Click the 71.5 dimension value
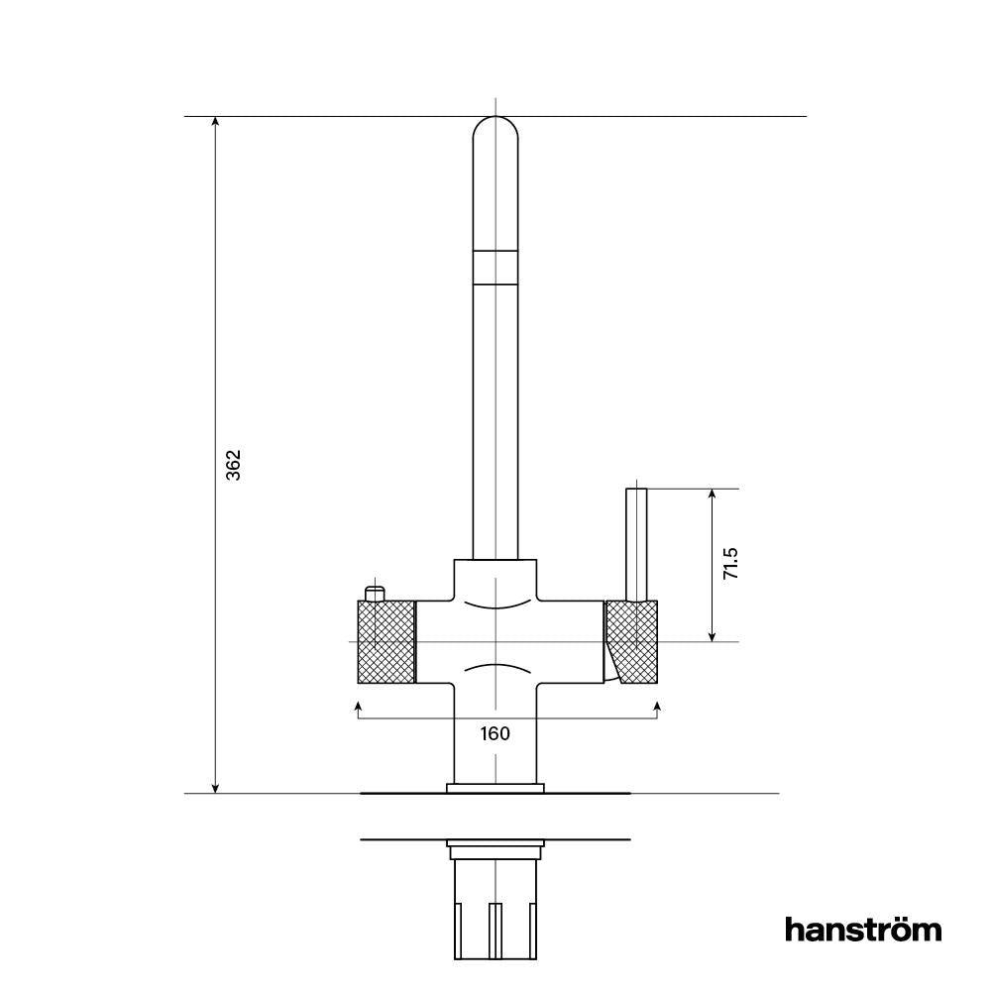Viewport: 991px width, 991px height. (x=731, y=563)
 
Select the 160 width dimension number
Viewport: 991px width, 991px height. (x=495, y=733)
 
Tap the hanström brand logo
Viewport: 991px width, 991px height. (x=863, y=930)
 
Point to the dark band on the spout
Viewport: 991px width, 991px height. (x=495, y=268)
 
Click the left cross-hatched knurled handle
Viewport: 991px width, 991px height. (x=385, y=641)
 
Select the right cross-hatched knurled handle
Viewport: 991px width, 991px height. (x=634, y=641)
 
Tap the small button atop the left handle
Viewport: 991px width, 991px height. (x=374, y=594)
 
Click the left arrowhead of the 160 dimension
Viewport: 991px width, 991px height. (x=357, y=705)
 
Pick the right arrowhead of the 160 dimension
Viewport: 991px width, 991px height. (x=658, y=705)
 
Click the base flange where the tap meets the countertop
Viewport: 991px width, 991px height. (x=495, y=789)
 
